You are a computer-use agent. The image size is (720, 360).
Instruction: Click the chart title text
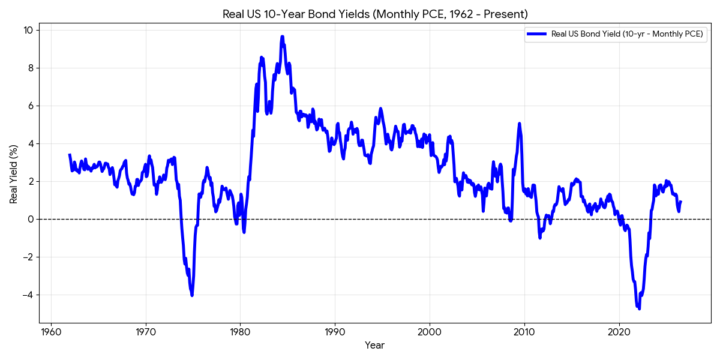(375, 14)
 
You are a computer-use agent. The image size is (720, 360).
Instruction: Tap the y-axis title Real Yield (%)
(13, 174)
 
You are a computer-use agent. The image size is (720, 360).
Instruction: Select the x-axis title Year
(374, 345)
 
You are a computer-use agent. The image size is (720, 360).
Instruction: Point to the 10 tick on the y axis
(28, 30)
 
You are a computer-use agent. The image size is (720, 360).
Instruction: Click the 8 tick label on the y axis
(31, 68)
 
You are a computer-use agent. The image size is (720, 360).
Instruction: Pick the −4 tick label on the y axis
(28, 295)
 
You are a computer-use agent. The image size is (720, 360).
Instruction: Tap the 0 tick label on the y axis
(31, 219)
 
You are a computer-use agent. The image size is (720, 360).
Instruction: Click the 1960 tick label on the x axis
(51, 332)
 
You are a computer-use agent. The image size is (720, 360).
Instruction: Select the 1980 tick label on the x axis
(240, 332)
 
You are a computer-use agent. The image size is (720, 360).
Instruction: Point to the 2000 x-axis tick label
(430, 332)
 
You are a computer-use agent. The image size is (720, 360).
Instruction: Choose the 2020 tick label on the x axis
(619, 332)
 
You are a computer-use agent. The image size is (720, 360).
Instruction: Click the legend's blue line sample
(536, 34)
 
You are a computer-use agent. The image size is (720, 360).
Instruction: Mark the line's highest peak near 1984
(282, 37)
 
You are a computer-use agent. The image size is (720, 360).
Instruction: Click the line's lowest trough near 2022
(640, 308)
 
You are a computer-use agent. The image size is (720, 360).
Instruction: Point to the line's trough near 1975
(192, 295)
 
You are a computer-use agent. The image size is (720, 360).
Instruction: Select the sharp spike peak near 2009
(519, 124)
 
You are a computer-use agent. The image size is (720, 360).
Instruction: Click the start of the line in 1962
(70, 155)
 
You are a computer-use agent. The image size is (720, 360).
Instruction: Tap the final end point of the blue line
(681, 202)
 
